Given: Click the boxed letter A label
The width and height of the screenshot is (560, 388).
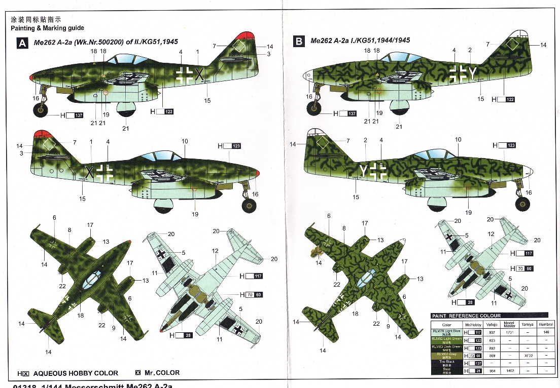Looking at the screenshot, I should tap(22, 43).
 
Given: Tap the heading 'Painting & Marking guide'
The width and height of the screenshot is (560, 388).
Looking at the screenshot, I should tap(48, 28).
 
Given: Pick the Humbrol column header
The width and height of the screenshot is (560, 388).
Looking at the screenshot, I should tap(545, 325).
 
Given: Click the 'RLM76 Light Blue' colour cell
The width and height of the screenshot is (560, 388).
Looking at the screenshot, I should tap(446, 333).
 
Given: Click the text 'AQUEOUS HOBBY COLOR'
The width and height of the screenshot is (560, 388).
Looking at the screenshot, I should tap(75, 373).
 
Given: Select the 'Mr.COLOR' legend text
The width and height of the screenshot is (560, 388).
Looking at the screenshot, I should tap(162, 373).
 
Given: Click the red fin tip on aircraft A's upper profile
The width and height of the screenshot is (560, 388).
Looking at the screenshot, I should tap(246, 36).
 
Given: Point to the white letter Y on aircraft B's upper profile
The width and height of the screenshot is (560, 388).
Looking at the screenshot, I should tap(473, 73).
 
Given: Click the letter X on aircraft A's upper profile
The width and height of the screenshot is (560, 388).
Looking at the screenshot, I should tap(199, 74).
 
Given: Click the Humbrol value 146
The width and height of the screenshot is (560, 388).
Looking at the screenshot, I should tap(545, 332).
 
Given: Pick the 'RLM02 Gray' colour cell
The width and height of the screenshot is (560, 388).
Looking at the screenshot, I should tap(446, 356).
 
